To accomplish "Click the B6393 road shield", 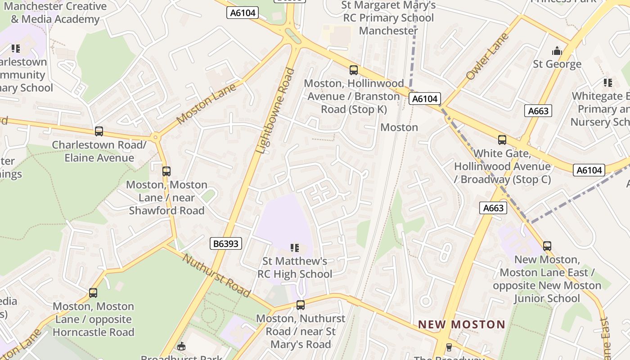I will (226, 244).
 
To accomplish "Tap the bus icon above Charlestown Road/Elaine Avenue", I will (99, 131).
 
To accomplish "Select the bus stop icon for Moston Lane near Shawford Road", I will (166, 171).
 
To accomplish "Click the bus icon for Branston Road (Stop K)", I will (354, 70).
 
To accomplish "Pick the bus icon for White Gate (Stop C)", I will (502, 140).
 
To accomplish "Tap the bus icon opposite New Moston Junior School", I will (547, 246).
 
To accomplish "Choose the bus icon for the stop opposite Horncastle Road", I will (93, 293).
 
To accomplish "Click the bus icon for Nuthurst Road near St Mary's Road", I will (301, 305).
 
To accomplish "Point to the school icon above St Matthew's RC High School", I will (295, 247).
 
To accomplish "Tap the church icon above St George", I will (557, 50).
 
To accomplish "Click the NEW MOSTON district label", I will (462, 324).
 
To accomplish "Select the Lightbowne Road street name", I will (276, 111).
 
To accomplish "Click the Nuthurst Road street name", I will (216, 275).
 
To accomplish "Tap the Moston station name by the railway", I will (399, 127).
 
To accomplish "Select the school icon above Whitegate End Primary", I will (608, 83).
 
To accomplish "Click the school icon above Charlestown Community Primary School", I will (16, 48).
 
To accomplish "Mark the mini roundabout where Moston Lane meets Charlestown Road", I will (156, 137).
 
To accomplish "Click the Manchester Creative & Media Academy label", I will (55, 13).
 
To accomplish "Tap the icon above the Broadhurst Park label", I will (181, 346).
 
